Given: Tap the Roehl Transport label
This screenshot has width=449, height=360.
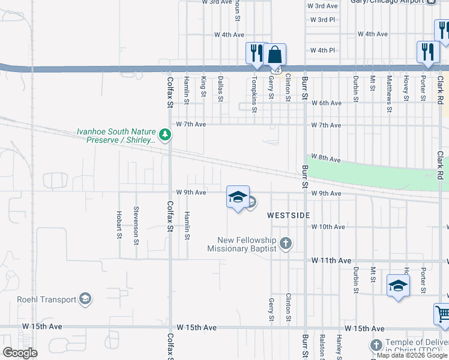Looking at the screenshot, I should [x=47, y=299].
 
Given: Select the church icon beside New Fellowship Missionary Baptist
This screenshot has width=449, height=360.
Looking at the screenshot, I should [x=286, y=244].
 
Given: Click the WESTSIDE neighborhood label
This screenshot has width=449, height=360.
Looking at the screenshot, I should [x=288, y=215].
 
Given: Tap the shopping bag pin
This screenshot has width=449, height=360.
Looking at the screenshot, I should [x=274, y=55].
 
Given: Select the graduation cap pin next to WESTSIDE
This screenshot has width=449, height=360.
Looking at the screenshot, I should [x=238, y=197].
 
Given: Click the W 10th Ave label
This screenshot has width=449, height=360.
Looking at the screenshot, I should [x=328, y=227].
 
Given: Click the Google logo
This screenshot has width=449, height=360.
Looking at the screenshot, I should [x=20, y=353].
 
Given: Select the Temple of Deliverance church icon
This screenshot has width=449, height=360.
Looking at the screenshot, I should [x=376, y=346].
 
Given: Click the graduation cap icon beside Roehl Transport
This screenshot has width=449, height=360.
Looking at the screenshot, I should [x=85, y=299].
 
